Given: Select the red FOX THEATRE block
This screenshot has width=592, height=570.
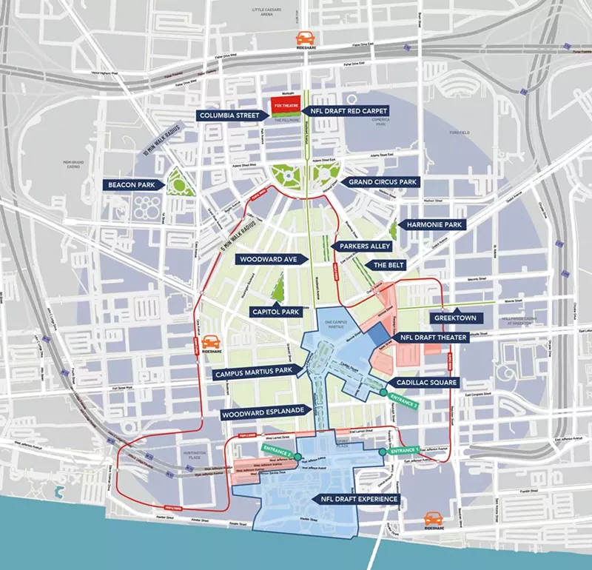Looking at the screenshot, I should tap(283, 104).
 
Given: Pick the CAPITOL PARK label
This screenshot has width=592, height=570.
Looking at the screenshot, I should tap(275, 312).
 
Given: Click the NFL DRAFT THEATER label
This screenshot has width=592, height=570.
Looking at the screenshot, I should tap(437, 336).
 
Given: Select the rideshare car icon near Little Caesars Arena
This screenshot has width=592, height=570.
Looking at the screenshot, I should tap(304, 38).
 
